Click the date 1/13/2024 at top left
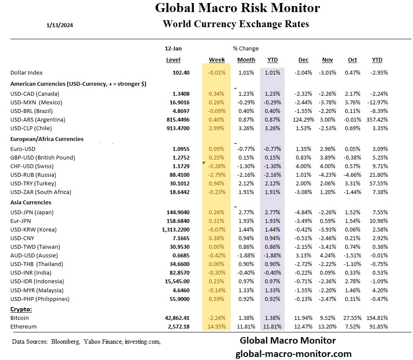(x=59, y=25)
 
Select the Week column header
(x=217, y=60)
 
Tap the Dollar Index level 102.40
(x=180, y=73)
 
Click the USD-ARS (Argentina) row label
(x=37, y=119)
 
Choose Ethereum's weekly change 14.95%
(x=216, y=327)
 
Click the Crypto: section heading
(x=21, y=309)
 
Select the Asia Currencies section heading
(x=31, y=202)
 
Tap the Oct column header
(x=352, y=60)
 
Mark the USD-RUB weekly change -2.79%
(x=216, y=175)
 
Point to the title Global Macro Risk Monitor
(x=237, y=8)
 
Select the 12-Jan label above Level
(x=173, y=48)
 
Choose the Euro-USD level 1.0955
(x=181, y=149)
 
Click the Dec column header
(x=303, y=60)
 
